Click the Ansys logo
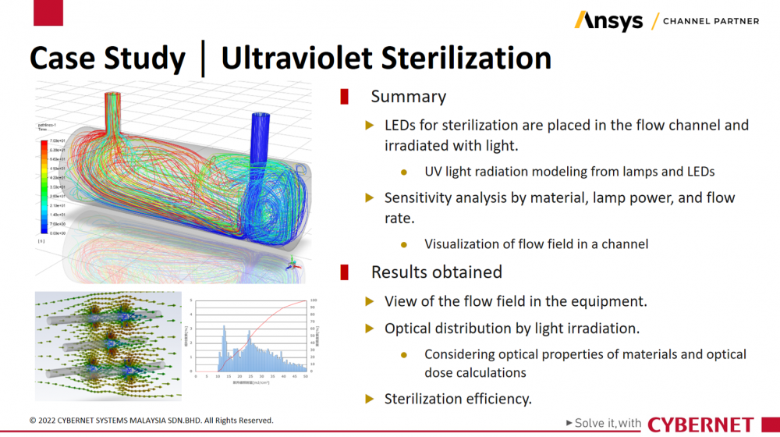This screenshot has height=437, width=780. tap(608, 20)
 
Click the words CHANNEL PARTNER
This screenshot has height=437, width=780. tap(710, 21)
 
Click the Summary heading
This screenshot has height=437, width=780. tap(408, 97)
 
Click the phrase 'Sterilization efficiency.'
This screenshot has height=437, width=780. tap(458, 399)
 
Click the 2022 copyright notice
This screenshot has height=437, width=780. tap(151, 421)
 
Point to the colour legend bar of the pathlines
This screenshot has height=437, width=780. tap(44, 187)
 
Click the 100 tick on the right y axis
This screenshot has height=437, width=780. tap(314, 300)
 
